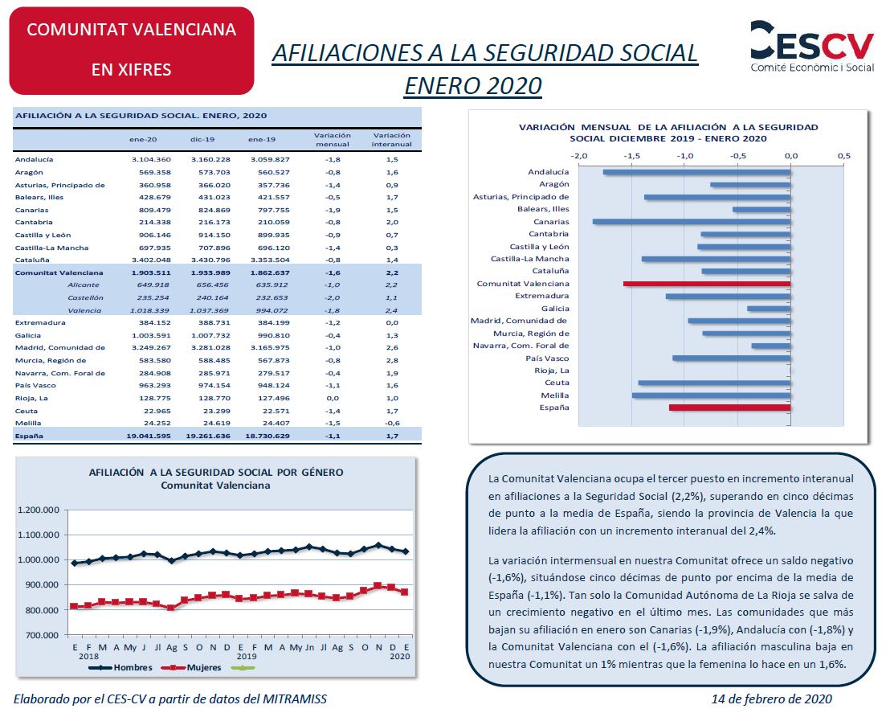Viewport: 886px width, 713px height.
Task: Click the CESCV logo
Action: tap(812, 47)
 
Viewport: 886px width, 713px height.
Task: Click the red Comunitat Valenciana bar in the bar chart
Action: tap(707, 284)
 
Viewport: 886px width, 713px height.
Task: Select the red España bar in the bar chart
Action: tap(730, 408)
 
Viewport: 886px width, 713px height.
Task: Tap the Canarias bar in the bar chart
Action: tap(692, 222)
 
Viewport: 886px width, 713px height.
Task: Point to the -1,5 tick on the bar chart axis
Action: tap(631, 155)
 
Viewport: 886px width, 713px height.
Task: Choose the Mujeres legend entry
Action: tap(191, 668)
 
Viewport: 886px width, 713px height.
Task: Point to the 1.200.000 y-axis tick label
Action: tap(39, 510)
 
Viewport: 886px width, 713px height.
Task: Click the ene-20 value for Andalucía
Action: tap(151, 159)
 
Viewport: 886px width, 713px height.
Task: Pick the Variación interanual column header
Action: tap(391, 140)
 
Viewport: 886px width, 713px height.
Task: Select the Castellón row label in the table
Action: tap(85, 297)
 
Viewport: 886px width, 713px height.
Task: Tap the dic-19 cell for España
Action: tap(208, 436)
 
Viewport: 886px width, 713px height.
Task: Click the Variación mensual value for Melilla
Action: tap(333, 423)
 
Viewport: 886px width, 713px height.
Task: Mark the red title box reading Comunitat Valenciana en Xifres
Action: tap(132, 51)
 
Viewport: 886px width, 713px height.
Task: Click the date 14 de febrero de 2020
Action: tap(771, 699)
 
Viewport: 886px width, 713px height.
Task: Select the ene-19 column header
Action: tap(262, 140)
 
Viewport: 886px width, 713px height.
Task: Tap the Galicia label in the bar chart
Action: tap(555, 309)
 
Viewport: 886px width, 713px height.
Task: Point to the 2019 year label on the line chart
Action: tap(247, 657)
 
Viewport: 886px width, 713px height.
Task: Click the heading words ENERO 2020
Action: tap(473, 86)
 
